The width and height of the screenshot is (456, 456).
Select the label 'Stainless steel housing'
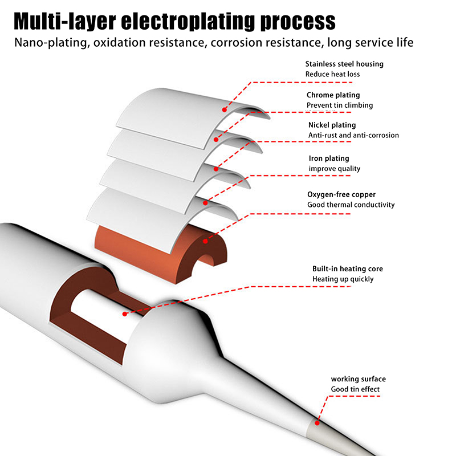(x=344, y=64)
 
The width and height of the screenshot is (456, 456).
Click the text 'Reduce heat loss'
(x=332, y=74)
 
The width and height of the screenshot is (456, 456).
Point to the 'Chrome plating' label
(x=333, y=95)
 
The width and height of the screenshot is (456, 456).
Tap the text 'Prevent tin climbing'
(x=340, y=105)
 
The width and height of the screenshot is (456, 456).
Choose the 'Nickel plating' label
(x=332, y=125)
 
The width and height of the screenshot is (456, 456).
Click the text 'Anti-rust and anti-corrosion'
(x=353, y=135)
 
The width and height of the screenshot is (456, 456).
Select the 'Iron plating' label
(x=329, y=158)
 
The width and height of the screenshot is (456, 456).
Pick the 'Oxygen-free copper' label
(x=341, y=194)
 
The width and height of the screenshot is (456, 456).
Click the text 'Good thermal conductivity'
(x=351, y=205)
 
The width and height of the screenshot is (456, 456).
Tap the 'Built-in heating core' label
(x=347, y=268)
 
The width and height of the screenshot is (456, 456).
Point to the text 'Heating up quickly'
(x=343, y=279)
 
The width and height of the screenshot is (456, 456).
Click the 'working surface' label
(x=358, y=379)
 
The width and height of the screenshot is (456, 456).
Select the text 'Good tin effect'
(x=355, y=389)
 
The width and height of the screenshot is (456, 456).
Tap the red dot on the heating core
(x=125, y=313)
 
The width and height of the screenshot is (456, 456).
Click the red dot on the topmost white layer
(x=225, y=109)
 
